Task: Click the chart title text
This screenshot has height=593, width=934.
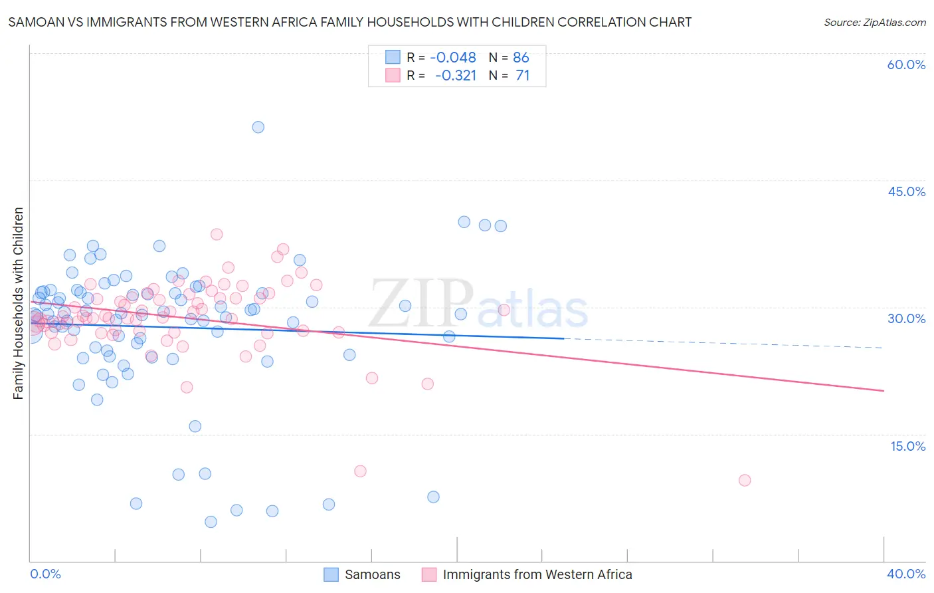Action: click(x=349, y=22)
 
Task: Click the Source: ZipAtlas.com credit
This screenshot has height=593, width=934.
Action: click(x=874, y=22)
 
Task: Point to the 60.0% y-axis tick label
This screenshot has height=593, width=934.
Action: click(x=906, y=64)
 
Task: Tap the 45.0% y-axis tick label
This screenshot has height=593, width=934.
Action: click(x=906, y=191)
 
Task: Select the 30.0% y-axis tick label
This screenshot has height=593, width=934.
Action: click(x=906, y=318)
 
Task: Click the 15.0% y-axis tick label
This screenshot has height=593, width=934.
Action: click(x=907, y=446)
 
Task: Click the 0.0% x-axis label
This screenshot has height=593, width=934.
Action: click(x=45, y=574)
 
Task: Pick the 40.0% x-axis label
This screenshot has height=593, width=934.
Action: click(x=905, y=574)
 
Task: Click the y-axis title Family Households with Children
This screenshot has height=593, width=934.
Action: click(x=19, y=303)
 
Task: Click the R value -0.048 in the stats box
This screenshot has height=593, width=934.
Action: click(x=452, y=58)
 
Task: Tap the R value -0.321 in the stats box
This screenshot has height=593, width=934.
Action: click(x=455, y=76)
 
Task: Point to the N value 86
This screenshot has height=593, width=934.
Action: click(x=521, y=58)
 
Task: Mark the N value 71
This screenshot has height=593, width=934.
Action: click(x=522, y=76)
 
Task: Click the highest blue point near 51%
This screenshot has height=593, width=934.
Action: click(x=258, y=127)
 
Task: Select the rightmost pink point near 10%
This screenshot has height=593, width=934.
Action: click(x=745, y=480)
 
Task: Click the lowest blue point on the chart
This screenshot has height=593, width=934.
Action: click(x=211, y=522)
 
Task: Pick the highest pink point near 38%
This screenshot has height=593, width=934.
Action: click(x=217, y=234)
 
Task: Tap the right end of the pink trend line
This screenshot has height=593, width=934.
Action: click(x=884, y=390)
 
